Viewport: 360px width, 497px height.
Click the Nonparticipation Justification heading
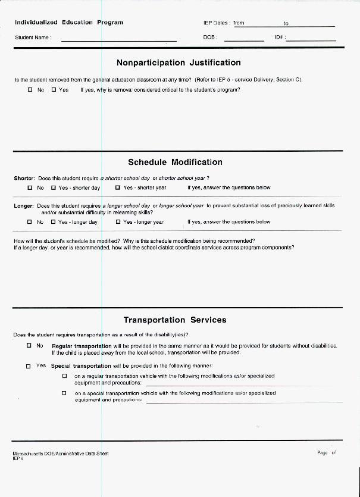(x=179, y=62)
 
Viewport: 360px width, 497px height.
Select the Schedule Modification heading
(x=175, y=162)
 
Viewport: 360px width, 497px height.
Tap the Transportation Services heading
(x=175, y=320)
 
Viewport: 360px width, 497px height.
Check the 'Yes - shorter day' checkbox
(x=54, y=187)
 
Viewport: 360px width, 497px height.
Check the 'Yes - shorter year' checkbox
(x=118, y=187)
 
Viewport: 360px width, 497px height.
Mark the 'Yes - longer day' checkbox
(x=54, y=222)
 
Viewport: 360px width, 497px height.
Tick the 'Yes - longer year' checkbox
(x=118, y=222)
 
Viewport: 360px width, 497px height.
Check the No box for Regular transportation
(x=29, y=345)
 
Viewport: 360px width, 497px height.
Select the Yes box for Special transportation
(x=28, y=366)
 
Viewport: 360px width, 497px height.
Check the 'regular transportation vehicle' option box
(x=64, y=376)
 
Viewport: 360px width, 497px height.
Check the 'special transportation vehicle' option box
(x=64, y=393)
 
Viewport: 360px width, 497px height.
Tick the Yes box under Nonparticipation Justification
(x=54, y=90)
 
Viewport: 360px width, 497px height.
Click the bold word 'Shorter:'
(x=24, y=178)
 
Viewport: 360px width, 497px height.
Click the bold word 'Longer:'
(x=24, y=206)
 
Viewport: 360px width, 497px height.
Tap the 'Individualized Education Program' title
(x=69, y=23)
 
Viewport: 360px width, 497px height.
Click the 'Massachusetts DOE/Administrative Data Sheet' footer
(x=60, y=454)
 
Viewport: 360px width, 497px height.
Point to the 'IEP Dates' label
(x=215, y=23)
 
